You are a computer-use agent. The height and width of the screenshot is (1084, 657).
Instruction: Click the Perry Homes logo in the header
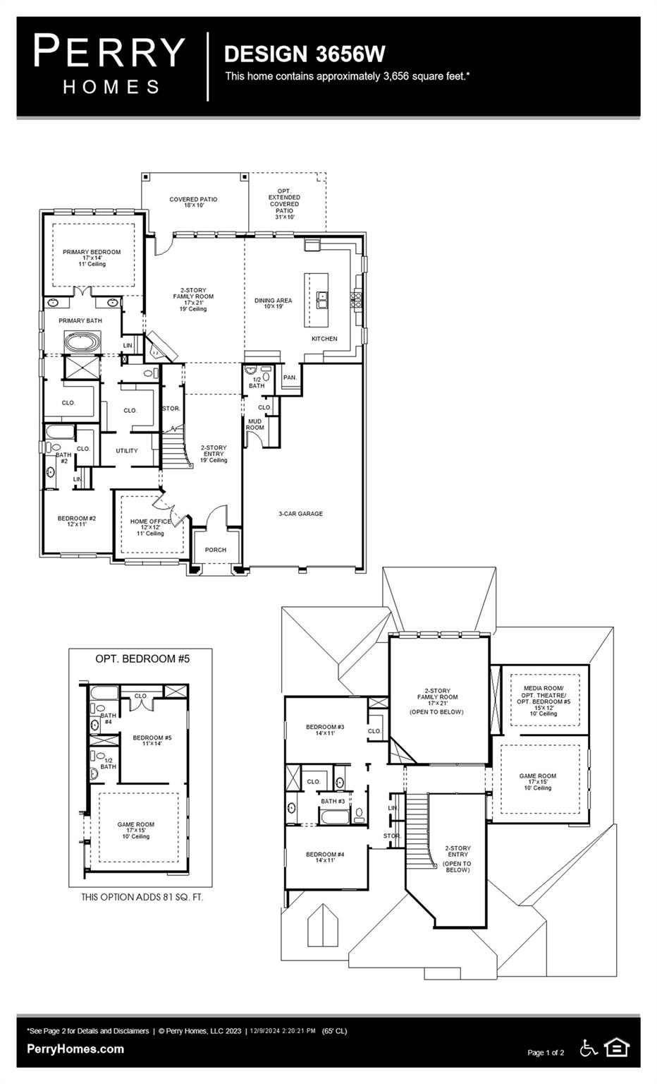109,66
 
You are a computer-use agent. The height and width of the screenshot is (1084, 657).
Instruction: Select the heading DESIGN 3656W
305,54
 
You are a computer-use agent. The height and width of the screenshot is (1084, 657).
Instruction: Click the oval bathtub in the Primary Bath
82,344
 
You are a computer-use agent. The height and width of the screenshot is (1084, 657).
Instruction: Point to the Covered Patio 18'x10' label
193,203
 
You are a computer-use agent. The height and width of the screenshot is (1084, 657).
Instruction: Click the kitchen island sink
322,300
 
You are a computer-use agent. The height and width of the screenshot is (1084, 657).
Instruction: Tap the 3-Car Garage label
300,514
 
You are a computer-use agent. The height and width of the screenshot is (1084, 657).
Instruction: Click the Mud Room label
254,425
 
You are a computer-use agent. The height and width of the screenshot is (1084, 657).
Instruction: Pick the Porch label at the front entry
216,550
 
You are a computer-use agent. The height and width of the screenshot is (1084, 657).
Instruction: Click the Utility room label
127,450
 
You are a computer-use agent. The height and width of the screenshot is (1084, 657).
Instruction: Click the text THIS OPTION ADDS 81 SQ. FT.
142,897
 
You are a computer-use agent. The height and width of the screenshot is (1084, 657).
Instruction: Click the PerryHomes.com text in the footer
75,1049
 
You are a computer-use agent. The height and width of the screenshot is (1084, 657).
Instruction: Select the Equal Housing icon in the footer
617,1048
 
